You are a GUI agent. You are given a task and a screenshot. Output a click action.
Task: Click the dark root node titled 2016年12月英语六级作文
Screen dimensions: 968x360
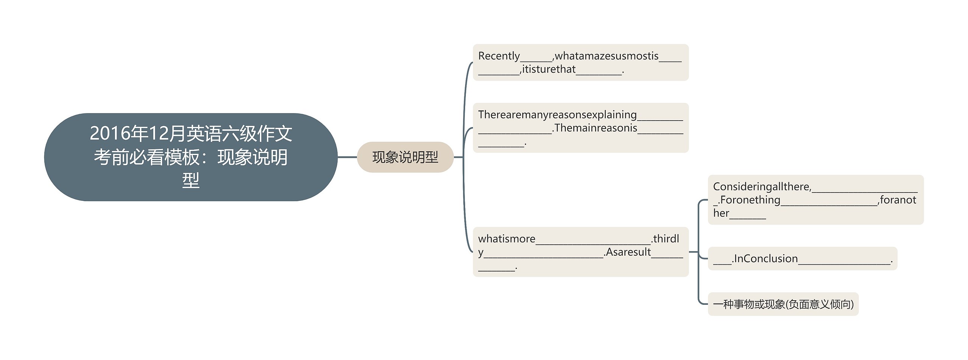pyautogui.click(x=191, y=157)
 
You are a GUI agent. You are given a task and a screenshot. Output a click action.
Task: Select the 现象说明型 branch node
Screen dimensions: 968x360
pyautogui.click(x=405, y=157)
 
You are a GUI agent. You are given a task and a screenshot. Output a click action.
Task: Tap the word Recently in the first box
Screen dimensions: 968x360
pyautogui.click(x=499, y=56)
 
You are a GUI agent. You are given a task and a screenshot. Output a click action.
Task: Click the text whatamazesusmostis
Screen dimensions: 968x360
pyautogui.click(x=607, y=56)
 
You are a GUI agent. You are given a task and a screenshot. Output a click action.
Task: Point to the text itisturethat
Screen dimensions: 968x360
pyautogui.click(x=549, y=69)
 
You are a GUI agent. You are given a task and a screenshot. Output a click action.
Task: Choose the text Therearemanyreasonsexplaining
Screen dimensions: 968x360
pyautogui.click(x=557, y=115)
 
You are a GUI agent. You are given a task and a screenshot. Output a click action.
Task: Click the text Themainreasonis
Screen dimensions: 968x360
pyautogui.click(x=596, y=128)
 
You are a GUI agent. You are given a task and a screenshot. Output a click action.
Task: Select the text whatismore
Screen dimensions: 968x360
pyautogui.click(x=507, y=239)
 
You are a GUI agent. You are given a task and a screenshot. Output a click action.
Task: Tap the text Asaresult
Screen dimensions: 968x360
pyautogui.click(x=628, y=252)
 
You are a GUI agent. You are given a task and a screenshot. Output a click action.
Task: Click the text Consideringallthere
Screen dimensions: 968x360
pyautogui.click(x=762, y=187)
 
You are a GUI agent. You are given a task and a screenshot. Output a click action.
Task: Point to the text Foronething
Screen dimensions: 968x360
pyautogui.click(x=750, y=200)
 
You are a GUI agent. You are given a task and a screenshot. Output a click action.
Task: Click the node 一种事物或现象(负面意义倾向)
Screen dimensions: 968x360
pyautogui.click(x=783, y=304)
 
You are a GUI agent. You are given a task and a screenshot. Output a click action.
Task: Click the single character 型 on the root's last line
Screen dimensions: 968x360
pyautogui.click(x=191, y=180)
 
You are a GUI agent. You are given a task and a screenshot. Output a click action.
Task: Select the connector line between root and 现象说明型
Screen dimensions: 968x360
pyautogui.click(x=347, y=157)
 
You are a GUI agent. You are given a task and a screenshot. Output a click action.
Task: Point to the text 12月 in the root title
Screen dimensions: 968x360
pyautogui.click(x=166, y=133)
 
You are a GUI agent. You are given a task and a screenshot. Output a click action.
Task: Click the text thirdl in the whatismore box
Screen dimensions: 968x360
pyautogui.click(x=666, y=239)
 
